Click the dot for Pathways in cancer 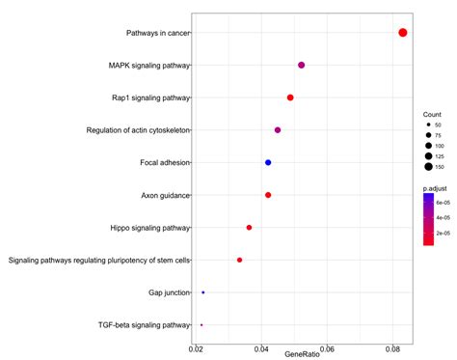tap(402, 33)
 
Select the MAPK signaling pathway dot tap(302, 65)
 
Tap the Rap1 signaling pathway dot tap(290, 97)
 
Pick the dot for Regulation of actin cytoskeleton tap(278, 129)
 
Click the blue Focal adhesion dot tap(268, 162)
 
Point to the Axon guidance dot tap(268, 195)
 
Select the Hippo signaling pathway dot tap(249, 228)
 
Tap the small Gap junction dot tap(202, 292)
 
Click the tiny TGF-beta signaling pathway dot tap(201, 325)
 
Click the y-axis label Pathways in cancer tap(157, 33)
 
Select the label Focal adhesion tap(165, 162)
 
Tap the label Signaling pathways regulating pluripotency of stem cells tap(99, 260)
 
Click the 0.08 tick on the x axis tap(392, 348)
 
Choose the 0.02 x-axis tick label tap(196, 348)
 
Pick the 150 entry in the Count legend tap(440, 167)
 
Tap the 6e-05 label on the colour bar tap(443, 202)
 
